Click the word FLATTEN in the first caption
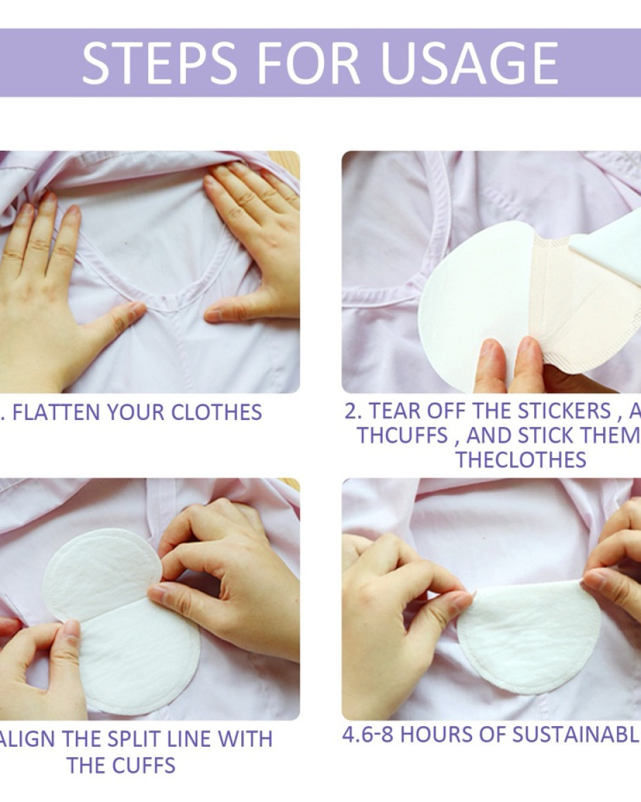(x=55, y=412)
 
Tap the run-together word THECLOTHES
(x=520, y=460)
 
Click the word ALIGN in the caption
(x=27, y=739)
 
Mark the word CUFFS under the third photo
(x=143, y=765)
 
